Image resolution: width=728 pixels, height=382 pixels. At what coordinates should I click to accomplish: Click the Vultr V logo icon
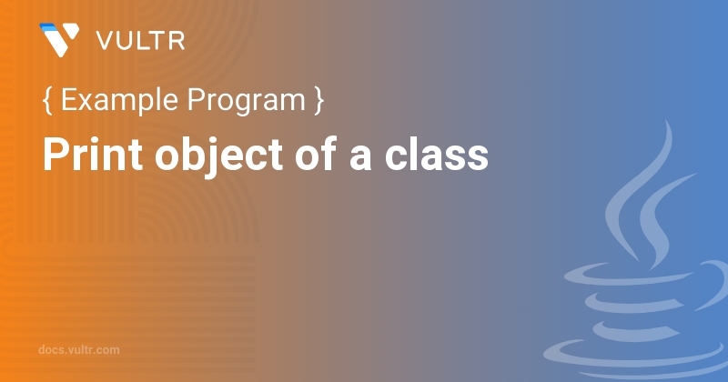(x=59, y=40)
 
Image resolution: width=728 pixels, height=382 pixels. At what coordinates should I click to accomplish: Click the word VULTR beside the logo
(x=141, y=41)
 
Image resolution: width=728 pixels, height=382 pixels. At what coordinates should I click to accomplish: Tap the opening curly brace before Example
(x=47, y=100)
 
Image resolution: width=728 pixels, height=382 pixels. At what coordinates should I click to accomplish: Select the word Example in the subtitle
(x=119, y=101)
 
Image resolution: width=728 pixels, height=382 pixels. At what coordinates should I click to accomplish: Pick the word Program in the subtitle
(x=246, y=102)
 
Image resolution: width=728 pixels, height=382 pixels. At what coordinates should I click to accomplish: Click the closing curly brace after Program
(x=318, y=100)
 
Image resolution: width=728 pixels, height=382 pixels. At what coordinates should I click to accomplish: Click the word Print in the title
(x=92, y=155)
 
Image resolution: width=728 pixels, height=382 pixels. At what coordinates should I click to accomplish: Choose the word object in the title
(x=218, y=156)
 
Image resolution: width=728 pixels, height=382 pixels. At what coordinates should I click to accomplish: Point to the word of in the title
(x=315, y=154)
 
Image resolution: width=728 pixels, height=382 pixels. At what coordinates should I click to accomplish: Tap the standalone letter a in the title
(x=360, y=159)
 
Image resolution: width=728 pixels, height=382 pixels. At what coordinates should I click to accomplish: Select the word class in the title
(x=437, y=154)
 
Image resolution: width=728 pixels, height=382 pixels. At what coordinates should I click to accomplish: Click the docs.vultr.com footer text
(x=79, y=349)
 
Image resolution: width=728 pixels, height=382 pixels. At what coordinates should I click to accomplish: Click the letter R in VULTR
(x=177, y=41)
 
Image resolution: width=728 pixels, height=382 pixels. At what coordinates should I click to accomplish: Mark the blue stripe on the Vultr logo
(x=48, y=27)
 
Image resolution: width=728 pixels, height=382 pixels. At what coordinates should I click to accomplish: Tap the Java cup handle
(x=713, y=283)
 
